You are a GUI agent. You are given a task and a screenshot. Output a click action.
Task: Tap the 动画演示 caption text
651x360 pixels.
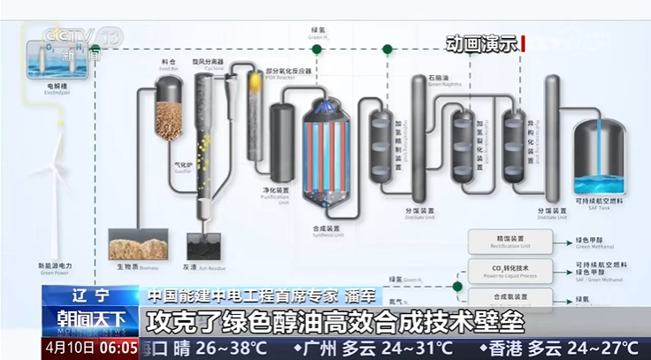(481, 44)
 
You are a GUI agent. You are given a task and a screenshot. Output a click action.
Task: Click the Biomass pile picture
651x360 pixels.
(137, 243)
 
